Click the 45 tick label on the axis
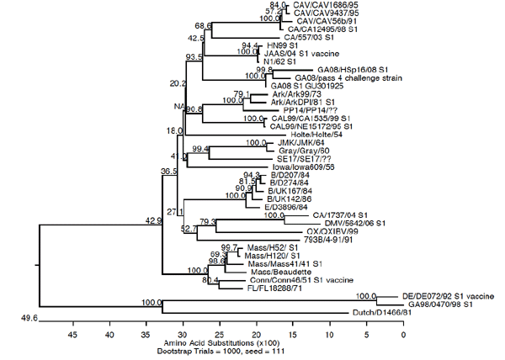coord(73,335)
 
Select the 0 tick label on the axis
coord(403,335)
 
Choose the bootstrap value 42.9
coord(153,220)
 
